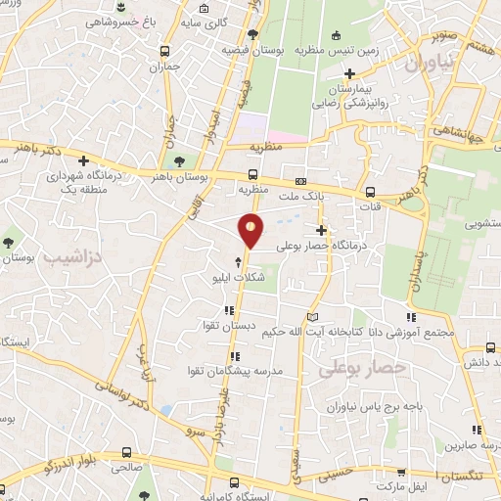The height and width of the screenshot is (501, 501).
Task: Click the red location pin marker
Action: [250, 229]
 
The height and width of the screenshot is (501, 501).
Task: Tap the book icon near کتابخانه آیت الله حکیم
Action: [312, 318]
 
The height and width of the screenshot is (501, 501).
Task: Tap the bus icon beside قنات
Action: [370, 192]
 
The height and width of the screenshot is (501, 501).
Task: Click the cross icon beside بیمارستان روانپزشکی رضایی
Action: [349, 73]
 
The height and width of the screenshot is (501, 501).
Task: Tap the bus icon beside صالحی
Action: [127, 452]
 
